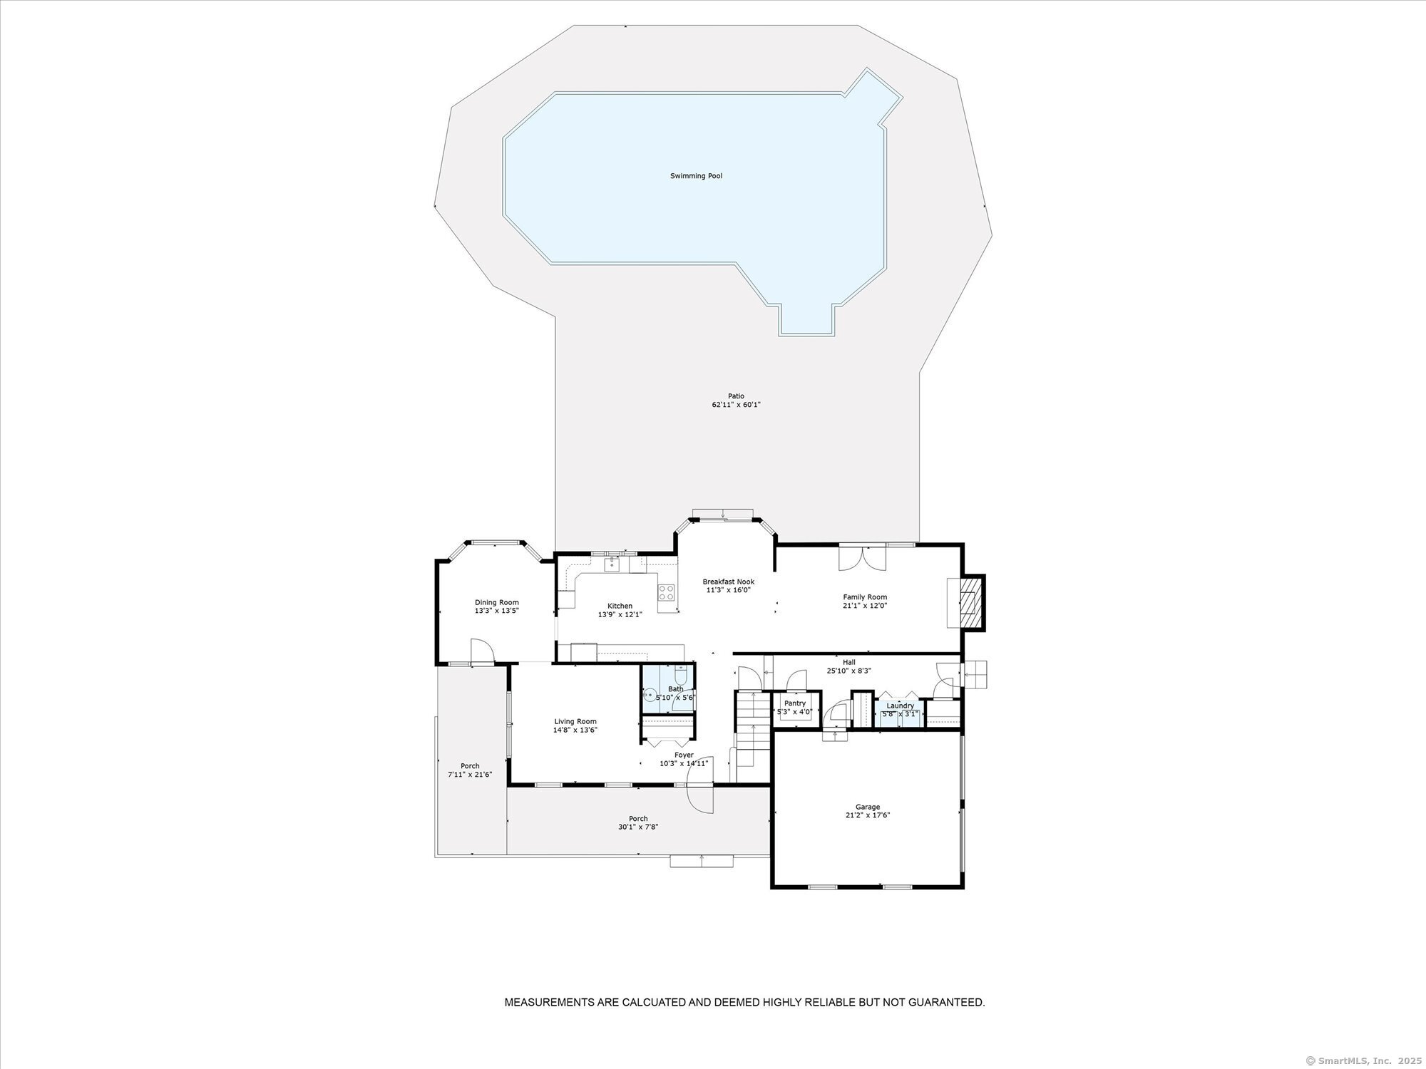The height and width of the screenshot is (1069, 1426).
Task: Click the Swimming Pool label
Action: [696, 176]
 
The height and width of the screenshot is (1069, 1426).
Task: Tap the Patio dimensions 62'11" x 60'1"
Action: [736, 404]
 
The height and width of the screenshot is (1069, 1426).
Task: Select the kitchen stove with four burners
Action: [666, 593]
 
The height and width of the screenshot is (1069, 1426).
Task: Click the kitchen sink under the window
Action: [612, 564]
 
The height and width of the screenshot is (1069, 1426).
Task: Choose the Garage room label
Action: [868, 807]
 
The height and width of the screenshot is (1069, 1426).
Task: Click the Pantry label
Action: [794, 703]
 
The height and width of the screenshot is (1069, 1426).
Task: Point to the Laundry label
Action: [900, 706]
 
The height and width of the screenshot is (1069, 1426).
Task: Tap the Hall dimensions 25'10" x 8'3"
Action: [848, 671]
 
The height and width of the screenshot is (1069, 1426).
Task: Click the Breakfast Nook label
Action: [728, 582]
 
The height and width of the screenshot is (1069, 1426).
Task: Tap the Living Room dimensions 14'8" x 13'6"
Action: [575, 730]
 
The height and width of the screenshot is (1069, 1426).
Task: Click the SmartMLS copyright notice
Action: [1364, 1060]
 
